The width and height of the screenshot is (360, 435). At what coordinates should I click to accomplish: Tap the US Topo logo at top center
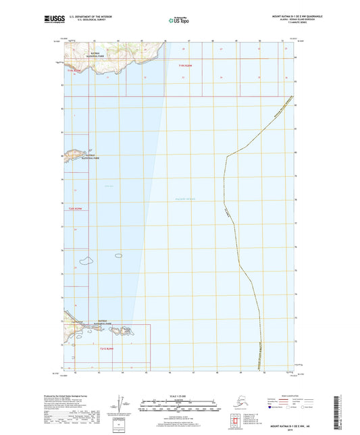coord(178,21)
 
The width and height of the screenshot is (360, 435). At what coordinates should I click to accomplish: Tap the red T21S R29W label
coord(109,349)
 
